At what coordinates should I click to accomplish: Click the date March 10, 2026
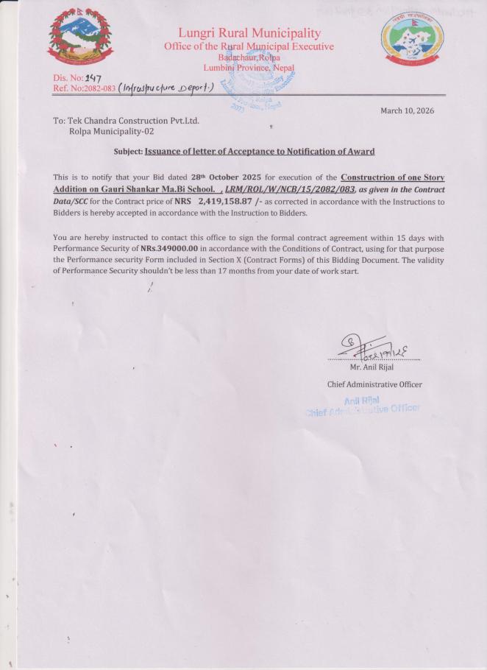coord(407,110)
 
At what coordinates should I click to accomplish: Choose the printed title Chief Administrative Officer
coord(374,384)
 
